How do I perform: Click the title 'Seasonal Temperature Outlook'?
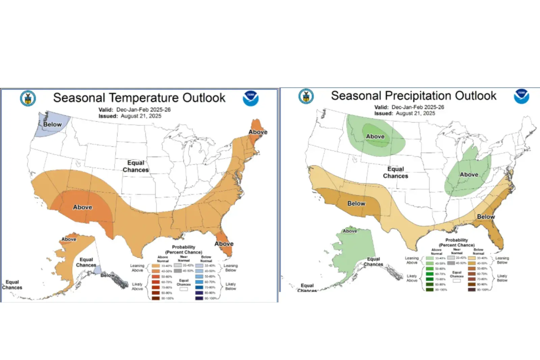pyautogui.click(x=139, y=98)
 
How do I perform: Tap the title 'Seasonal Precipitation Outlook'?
pyautogui.click(x=413, y=96)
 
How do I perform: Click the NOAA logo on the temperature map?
pyautogui.click(x=250, y=98)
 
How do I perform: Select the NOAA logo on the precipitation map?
pyautogui.click(x=521, y=96)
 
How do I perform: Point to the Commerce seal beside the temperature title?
pyautogui.click(x=28, y=98)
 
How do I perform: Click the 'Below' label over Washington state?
pyautogui.click(x=52, y=125)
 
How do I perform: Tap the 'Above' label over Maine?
pyautogui.click(x=258, y=132)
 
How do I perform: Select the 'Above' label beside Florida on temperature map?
pyautogui.click(x=224, y=244)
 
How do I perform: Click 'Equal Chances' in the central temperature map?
pyautogui.click(x=136, y=166)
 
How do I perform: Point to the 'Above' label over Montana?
pyautogui.click(x=375, y=136)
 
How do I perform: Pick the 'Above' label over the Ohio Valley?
pyautogui.click(x=469, y=175)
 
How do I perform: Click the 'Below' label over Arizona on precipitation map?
pyautogui.click(x=356, y=204)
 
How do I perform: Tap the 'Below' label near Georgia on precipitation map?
pyautogui.click(x=486, y=217)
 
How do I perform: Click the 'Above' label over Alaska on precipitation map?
pyautogui.click(x=350, y=231)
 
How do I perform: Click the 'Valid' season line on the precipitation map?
pyautogui.click(x=409, y=107)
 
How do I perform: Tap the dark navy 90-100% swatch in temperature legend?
pyautogui.click(x=199, y=298)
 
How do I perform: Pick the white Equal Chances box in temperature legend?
pyautogui.click(x=184, y=289)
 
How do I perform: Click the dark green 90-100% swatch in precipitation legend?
pyautogui.click(x=430, y=290)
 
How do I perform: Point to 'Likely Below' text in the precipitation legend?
pyautogui.click(x=502, y=278)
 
